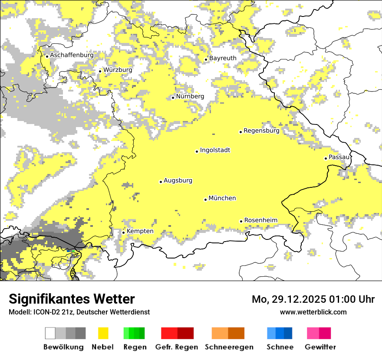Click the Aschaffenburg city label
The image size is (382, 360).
(72, 56)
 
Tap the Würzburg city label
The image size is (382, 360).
(118, 70)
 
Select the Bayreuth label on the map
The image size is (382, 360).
(223, 58)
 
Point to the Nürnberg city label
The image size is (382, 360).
(190, 96)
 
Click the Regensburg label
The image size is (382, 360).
(261, 131)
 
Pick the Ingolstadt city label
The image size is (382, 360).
(215, 150)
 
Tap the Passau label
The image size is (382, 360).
(339, 157)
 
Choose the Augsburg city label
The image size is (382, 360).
(178, 180)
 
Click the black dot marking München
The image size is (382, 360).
(206, 200)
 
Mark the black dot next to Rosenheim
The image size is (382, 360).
(241, 221)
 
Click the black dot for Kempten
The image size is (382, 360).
(124, 232)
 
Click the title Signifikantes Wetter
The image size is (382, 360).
(72, 299)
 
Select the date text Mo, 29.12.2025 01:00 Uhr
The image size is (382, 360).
(313, 299)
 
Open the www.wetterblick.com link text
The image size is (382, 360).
(313, 312)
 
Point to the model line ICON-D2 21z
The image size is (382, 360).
(79, 312)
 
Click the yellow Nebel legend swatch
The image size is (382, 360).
(103, 333)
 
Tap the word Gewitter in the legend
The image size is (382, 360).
(320, 347)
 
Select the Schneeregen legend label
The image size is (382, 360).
(229, 347)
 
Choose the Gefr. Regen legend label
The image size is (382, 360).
(177, 347)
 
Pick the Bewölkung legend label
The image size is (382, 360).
(63, 347)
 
